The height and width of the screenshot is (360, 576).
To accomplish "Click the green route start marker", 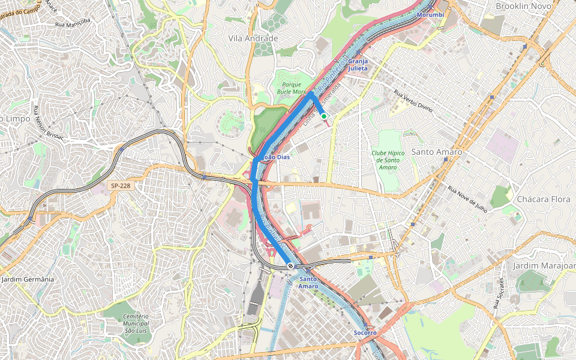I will coord(323,116).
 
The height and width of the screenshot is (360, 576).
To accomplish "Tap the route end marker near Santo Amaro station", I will coord(290,265).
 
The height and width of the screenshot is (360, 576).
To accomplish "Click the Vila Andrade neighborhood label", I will coord(253,38).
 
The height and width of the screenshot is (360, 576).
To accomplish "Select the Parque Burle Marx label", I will coord(291,88).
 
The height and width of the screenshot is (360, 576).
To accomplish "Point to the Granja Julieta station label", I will coord(358,65).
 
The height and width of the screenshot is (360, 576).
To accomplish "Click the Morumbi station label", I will coord(430,14).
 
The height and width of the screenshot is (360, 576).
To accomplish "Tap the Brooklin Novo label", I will coord(523,6).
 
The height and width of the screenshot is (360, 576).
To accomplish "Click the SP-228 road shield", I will coord(119,186).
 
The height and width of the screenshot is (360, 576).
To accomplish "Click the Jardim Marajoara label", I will coord(544,265).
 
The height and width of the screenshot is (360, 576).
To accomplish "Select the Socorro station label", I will coord(365,332).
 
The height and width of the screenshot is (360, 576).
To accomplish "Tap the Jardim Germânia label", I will coord(28,280).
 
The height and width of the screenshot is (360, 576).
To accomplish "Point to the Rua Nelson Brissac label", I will coord(48,123).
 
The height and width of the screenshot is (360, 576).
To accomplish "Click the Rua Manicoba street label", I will coord(73,23).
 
